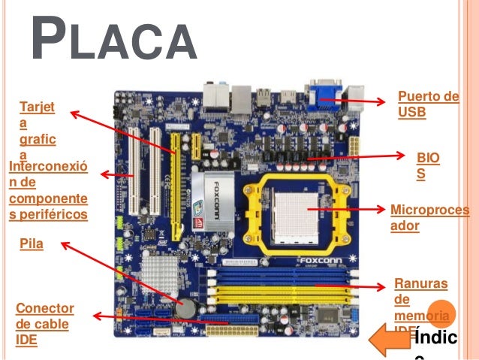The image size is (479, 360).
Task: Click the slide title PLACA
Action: click(113, 44)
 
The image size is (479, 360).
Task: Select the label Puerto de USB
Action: click(427, 105)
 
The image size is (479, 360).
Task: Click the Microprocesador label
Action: click(429, 216)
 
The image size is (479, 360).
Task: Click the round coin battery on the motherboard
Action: click(185, 308)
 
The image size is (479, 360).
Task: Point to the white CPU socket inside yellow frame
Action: click(293, 213)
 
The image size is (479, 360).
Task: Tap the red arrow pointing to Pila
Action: click(120, 274)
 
